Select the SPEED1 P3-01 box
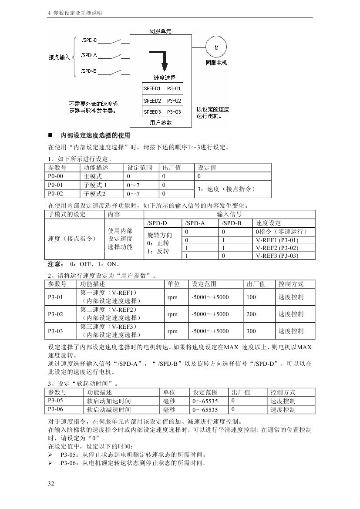tap(162, 89)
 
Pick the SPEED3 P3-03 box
tap(162, 111)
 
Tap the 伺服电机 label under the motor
tap(216, 63)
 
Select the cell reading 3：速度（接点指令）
tap(233, 189)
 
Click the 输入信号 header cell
tap(229, 214)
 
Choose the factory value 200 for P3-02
tap(251, 314)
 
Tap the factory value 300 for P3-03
tap(251, 331)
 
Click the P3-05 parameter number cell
tap(55, 401)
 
